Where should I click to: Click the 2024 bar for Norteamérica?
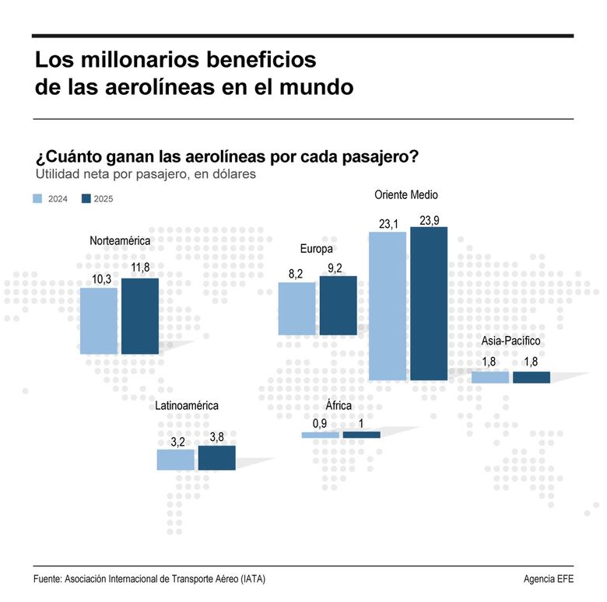99,321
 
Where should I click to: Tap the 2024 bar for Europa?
297,309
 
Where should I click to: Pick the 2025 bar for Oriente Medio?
430,303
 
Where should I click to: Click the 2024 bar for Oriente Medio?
388,306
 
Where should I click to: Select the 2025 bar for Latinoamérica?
216,458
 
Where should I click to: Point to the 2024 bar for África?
320,435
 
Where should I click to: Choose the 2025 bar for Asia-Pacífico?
532,377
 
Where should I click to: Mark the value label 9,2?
339,268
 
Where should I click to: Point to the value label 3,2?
176,442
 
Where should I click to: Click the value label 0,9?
320,423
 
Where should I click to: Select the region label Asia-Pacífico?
511,341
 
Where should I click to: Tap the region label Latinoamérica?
187,405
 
